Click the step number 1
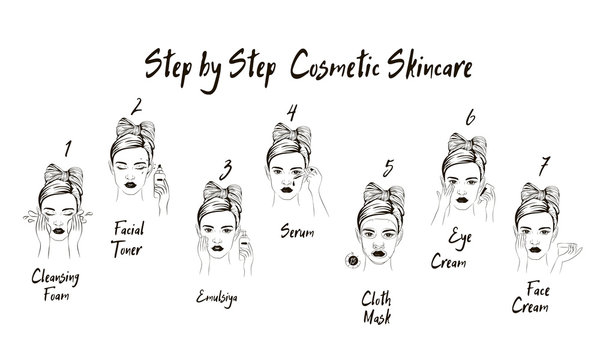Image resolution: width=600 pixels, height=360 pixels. click(x=67, y=151)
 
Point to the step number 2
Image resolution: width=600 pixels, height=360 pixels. click(x=138, y=103)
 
